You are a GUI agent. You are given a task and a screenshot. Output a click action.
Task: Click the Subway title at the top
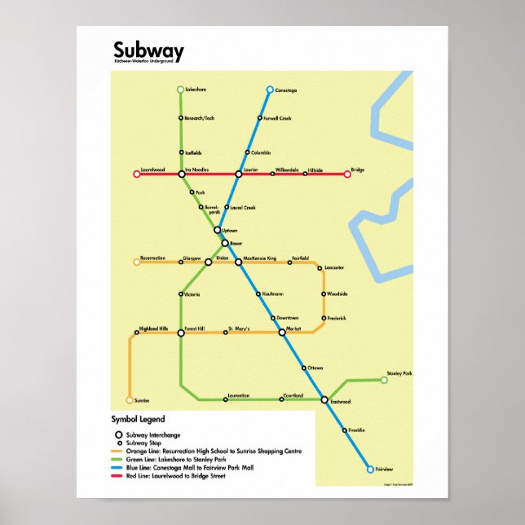[x=148, y=52]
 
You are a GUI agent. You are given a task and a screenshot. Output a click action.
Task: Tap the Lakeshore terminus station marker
[x=180, y=89]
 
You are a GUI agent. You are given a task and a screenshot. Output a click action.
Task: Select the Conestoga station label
[x=288, y=89]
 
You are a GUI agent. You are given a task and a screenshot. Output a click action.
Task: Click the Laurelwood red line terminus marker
[x=137, y=174]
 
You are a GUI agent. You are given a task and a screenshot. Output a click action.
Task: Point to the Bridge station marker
[x=347, y=174]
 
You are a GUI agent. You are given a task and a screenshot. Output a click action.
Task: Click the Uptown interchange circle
[x=218, y=231]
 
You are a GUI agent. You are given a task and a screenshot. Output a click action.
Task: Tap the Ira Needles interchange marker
[x=181, y=174]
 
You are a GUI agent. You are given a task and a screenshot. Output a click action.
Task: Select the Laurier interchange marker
[x=239, y=174]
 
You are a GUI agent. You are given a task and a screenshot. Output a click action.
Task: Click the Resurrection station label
[x=152, y=258]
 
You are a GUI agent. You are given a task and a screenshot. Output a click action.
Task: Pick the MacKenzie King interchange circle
[x=239, y=262]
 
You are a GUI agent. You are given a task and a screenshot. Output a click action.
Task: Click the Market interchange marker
[x=282, y=332]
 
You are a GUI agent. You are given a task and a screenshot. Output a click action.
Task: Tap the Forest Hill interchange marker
[x=180, y=332]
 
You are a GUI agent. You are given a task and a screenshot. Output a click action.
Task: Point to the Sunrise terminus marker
[x=130, y=400]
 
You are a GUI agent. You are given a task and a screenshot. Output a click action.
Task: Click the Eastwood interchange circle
[x=324, y=399]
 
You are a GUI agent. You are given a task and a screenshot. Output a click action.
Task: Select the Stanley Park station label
[x=399, y=373]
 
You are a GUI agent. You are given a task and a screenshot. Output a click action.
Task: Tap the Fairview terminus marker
[x=369, y=470]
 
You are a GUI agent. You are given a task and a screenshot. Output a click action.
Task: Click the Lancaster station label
[x=334, y=267]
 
